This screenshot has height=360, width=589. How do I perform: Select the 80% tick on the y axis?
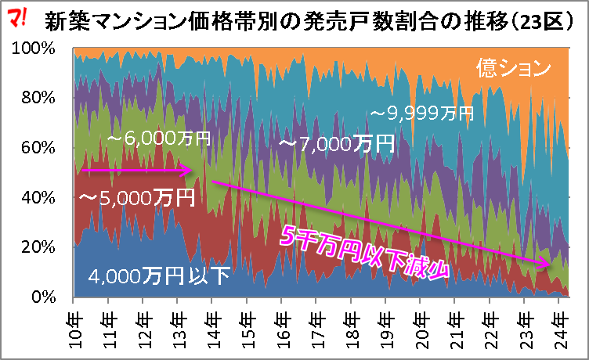pyautogui.click(x=38, y=98)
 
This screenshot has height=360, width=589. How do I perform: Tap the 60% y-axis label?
pyautogui.click(x=38, y=148)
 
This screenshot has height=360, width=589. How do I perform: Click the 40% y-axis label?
pyautogui.click(x=38, y=198)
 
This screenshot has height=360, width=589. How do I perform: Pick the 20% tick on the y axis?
pyautogui.click(x=38, y=247)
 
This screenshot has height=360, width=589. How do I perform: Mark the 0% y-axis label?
pyautogui.click(x=42, y=297)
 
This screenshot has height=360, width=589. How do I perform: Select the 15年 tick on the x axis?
pyautogui.click(x=247, y=321)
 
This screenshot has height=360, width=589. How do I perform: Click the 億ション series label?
pyautogui.click(x=515, y=69)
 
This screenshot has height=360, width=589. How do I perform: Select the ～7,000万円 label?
pyautogui.click(x=335, y=144)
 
